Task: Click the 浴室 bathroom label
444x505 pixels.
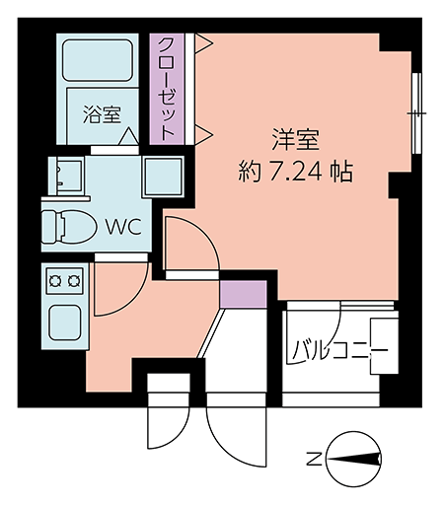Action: coord(102,114)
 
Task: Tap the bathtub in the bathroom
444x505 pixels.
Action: coord(98,60)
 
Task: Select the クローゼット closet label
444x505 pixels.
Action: coord(166,89)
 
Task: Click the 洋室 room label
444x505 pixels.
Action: coord(295,140)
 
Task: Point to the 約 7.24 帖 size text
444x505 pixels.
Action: coord(296,172)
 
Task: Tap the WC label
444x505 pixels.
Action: coord(123,227)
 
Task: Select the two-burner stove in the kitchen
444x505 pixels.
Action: coord(65,281)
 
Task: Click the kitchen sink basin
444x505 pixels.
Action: coord(65,323)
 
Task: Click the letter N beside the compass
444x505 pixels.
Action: coord(314,459)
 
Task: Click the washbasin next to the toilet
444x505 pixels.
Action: coord(66,176)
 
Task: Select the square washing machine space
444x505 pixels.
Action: coord(164,177)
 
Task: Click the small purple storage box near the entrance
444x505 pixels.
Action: coord(243,294)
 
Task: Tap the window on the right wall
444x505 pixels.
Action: coord(416,113)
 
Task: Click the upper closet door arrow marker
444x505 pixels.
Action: coord(204,43)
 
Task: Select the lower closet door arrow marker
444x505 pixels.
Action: coord(204,134)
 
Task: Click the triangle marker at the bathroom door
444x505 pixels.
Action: coord(128,136)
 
